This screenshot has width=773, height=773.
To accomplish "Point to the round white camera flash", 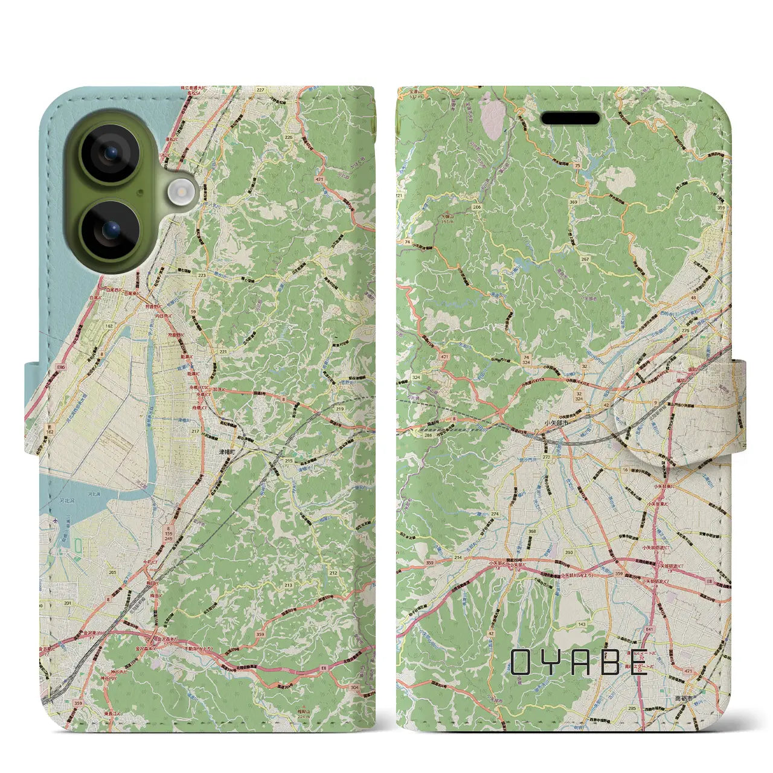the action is [179, 192].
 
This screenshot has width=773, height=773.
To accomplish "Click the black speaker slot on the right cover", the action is [570, 118].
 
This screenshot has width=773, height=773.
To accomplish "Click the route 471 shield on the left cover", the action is [318, 179].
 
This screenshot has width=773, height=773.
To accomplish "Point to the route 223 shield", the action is [201, 275].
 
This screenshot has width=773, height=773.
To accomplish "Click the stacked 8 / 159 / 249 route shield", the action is [167, 534].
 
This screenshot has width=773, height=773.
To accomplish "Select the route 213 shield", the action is [288, 585].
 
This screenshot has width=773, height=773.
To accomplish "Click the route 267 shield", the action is [585, 259].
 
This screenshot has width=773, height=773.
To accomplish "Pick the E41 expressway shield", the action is [649, 629].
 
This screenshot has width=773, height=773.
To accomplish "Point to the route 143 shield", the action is [582, 624].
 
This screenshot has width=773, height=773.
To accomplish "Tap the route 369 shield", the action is [573, 202].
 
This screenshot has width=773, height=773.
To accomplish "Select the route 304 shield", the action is [354, 687].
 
